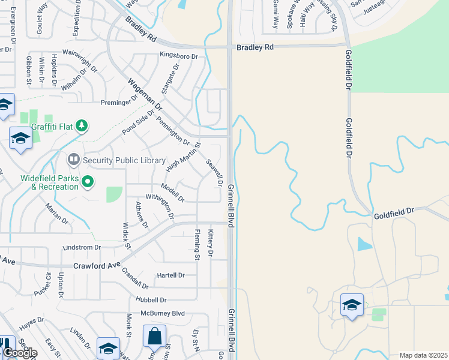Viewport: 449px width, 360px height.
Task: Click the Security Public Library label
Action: tap(124, 160)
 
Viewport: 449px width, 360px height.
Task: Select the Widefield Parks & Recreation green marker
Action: tap(88, 181)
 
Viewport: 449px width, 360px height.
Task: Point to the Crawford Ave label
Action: tap(96, 265)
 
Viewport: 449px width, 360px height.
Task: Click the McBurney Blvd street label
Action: tap(163, 313)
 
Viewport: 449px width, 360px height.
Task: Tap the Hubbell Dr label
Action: tap(153, 299)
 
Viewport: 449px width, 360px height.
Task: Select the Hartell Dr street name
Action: tap(170, 275)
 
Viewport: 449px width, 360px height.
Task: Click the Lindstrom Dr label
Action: tap(82, 247)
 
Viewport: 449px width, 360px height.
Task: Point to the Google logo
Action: tap(19, 353)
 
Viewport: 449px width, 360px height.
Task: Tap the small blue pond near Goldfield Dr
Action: tap(364, 244)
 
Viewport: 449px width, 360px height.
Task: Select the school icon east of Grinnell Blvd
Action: tap(352, 304)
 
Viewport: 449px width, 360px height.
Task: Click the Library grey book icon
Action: tap(74, 160)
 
